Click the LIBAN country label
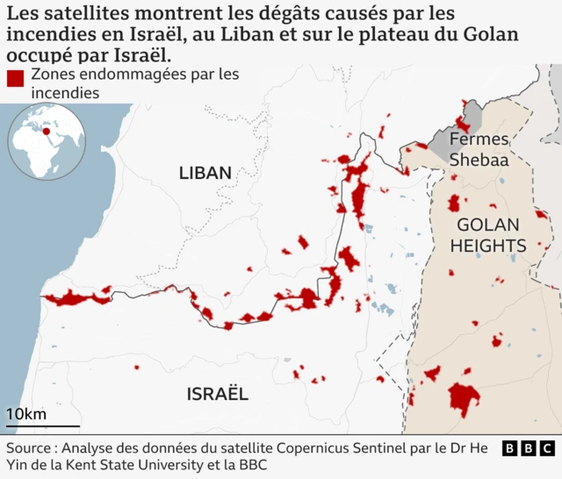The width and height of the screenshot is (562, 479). (x=205, y=173)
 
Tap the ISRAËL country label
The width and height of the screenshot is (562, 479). (x=217, y=394)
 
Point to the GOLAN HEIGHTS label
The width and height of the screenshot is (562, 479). (x=488, y=235)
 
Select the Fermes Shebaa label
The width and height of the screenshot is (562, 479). (x=478, y=149)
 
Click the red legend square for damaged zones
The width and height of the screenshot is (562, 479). (x=15, y=78)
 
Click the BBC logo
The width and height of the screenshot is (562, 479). (x=529, y=448)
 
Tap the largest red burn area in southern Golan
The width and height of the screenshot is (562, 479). (x=464, y=397)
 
